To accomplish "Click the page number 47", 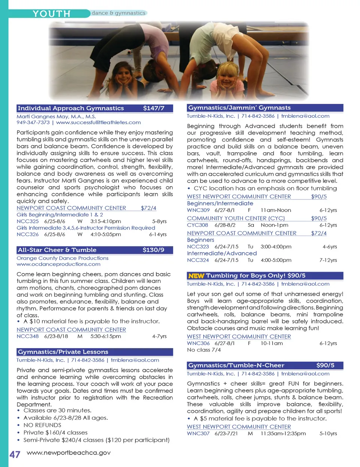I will tap(15, 454).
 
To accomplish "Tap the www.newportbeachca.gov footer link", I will tap(69, 452).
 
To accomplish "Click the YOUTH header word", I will tap(51, 14).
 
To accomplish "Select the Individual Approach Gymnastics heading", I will tap(71, 108).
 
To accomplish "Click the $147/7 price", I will tap(154, 108).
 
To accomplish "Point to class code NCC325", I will tap(27, 221).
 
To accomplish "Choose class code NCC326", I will tap(27, 234).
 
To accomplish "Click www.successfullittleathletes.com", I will tap(98, 122).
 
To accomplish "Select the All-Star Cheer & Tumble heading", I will tap(57, 250).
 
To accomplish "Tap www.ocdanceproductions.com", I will tap(58, 264).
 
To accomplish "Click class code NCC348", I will tap(27, 336).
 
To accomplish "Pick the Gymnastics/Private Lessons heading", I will tap(63, 352).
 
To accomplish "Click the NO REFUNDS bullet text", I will tap(42, 425).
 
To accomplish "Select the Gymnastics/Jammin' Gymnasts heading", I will tap(239, 108).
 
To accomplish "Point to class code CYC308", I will tap(197, 225).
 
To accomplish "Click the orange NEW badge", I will tap(196, 276).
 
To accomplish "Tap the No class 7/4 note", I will tap(204, 350).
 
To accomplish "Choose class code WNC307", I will tap(198, 434).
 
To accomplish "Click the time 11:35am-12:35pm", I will tap(283, 434).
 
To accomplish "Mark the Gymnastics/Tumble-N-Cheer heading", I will tap(236, 365).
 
